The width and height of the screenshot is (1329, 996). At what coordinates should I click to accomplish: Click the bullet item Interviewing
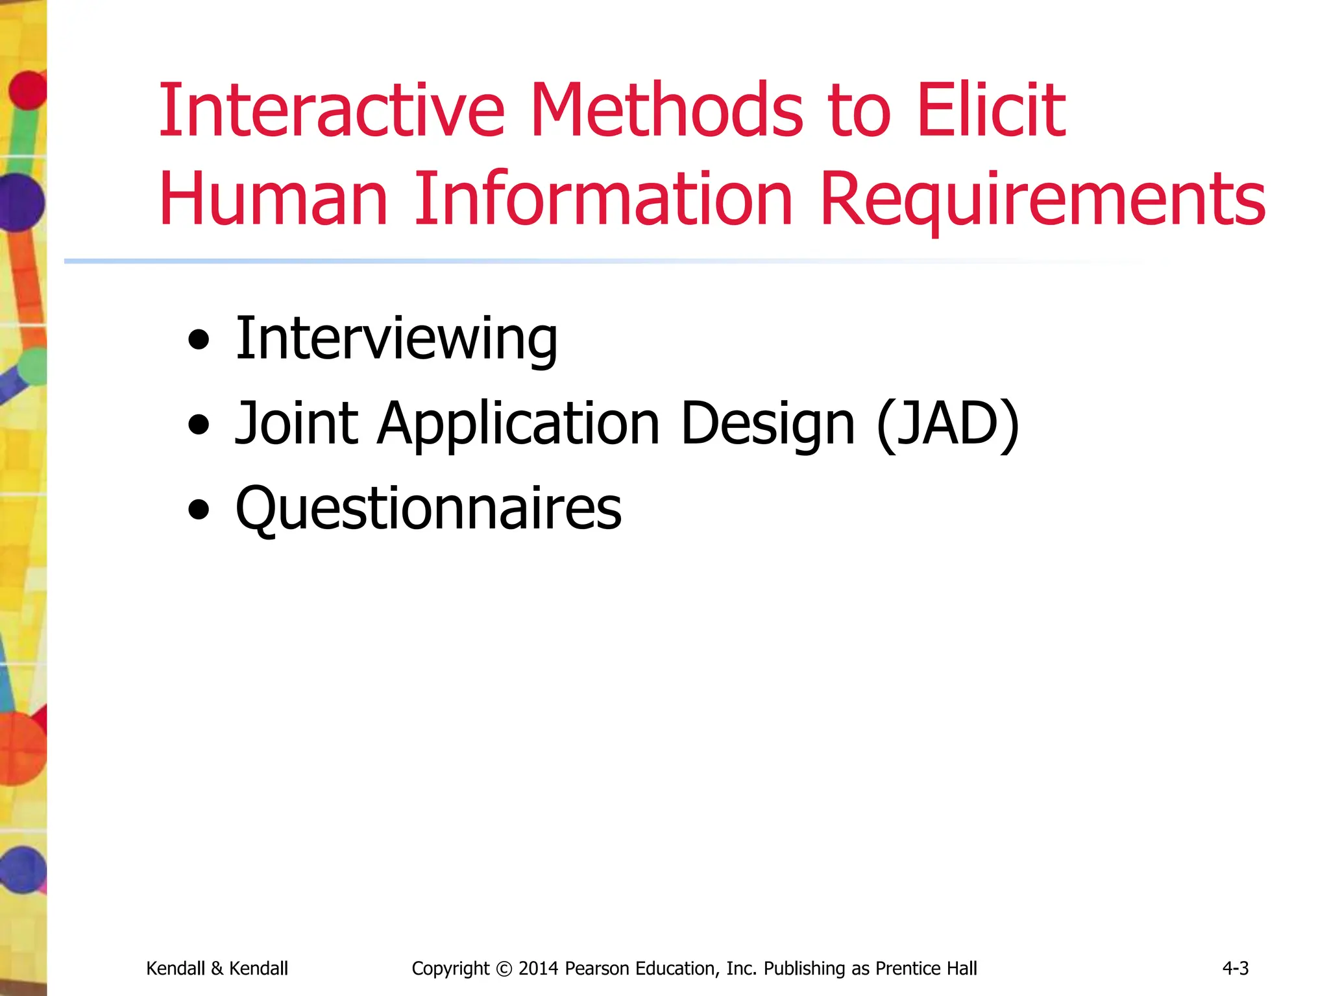point(396,338)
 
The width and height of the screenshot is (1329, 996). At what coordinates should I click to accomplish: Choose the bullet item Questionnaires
point(428,508)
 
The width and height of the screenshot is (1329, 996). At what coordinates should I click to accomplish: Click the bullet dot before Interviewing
point(199,340)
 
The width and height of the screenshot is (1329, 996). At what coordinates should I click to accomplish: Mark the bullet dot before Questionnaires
point(199,510)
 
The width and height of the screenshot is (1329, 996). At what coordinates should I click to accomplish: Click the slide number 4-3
point(1235,968)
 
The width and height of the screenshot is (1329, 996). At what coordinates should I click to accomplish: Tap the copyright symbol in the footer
point(504,969)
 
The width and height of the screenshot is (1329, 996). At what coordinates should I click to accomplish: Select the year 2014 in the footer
point(538,968)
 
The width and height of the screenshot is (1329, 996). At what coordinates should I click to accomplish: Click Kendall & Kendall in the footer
point(217,968)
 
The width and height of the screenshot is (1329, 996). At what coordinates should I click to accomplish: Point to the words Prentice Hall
point(926,968)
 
